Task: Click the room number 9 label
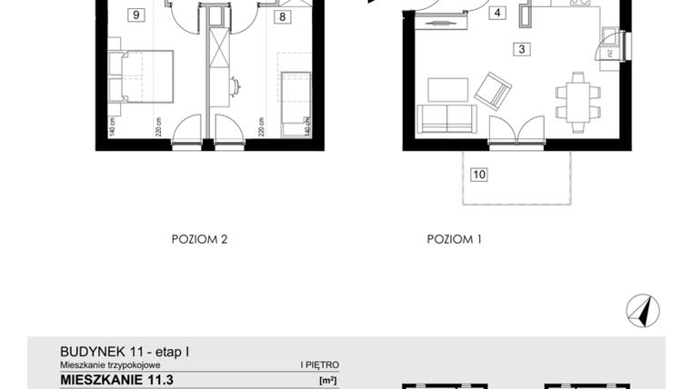[x=136, y=15]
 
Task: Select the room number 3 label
[x=521, y=50]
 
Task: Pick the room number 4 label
[x=497, y=14]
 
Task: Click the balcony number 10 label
[x=478, y=174]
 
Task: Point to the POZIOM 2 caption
[x=199, y=240]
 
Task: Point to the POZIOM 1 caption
[x=454, y=240]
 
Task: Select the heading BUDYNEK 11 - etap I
[x=125, y=350]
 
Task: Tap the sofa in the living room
[x=446, y=118]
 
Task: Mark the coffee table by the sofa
[x=447, y=89]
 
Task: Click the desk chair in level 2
[x=236, y=87]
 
